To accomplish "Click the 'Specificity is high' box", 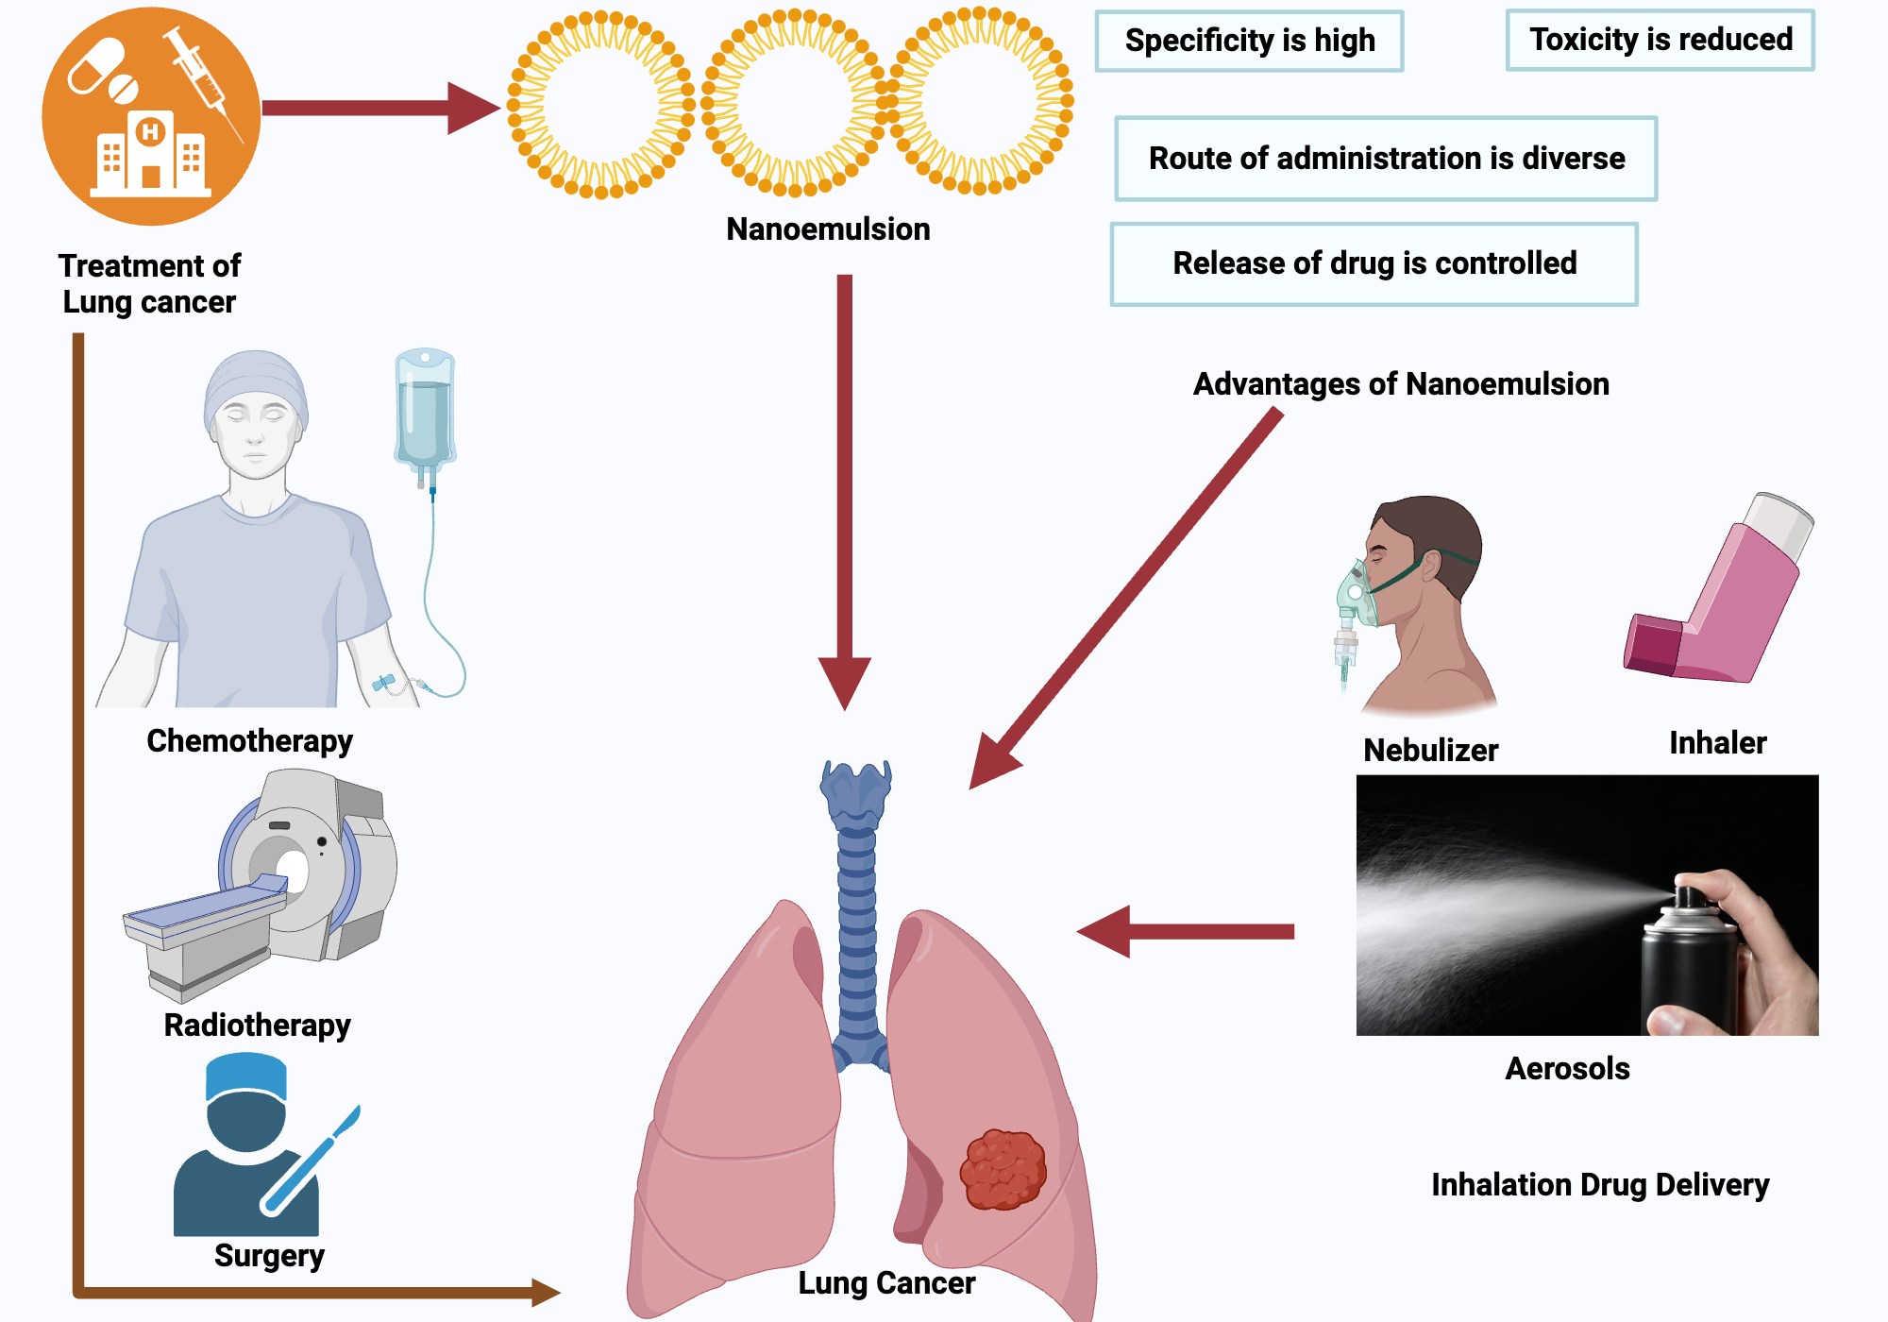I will pos(1249,41).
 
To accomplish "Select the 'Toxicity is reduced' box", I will pos(1660,40).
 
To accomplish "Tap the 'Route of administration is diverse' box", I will pos(1386,159).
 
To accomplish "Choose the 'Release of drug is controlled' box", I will pos(1374,263).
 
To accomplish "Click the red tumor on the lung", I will pos(1003,1169).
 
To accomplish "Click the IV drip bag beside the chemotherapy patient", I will pos(425,411).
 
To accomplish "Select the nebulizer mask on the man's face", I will pos(1355,595).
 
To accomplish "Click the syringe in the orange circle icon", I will pos(203,80).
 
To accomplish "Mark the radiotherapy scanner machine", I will pos(283,878).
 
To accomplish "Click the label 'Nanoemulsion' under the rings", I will pos(828,229).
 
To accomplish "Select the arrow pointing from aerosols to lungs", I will pos(1186,931).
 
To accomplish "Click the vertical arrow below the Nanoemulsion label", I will pos(844,491).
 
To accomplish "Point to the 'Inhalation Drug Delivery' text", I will pos(1599,1185).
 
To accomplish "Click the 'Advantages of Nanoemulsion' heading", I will pos(1401,384).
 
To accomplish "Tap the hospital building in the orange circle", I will pos(151,156).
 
